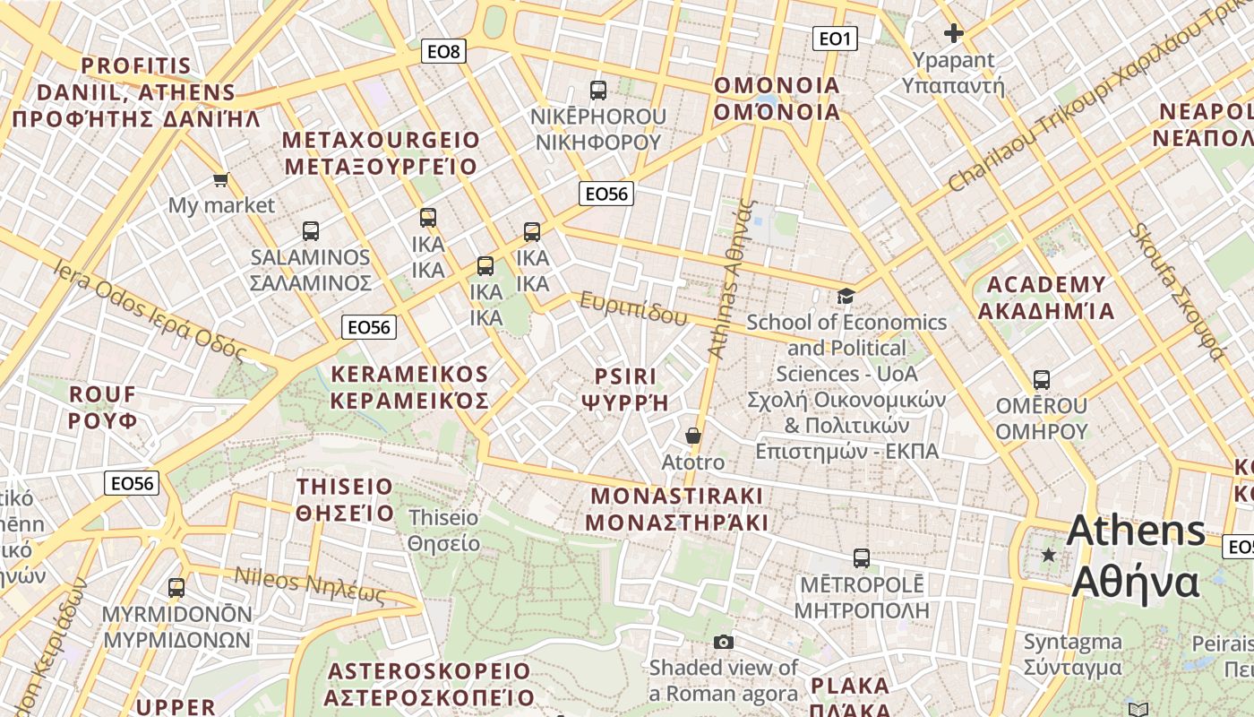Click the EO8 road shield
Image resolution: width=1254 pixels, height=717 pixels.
point(443,51)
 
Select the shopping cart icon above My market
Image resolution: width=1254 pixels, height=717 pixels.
point(221,179)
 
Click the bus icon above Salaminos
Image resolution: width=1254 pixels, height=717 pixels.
point(311,231)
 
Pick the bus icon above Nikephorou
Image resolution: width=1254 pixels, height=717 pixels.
point(598,90)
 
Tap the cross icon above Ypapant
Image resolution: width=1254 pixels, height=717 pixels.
point(954,34)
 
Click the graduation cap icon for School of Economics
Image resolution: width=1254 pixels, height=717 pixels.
point(846,296)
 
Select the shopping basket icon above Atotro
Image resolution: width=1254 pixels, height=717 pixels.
point(692,436)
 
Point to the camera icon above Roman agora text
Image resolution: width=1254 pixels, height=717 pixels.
point(724,642)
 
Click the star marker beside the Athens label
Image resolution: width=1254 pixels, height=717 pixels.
point(1049,555)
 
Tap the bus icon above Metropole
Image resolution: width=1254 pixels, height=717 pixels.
point(862,557)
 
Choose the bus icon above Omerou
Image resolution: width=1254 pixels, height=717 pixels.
point(1042,379)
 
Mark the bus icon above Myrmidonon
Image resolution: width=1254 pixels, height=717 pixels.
point(176,588)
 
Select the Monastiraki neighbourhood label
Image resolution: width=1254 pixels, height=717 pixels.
point(677,509)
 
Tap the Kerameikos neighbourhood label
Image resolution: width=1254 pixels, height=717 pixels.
point(410,387)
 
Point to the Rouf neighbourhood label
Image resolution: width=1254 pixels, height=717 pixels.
point(103,407)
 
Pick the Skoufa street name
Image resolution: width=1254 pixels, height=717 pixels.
point(1176,291)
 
